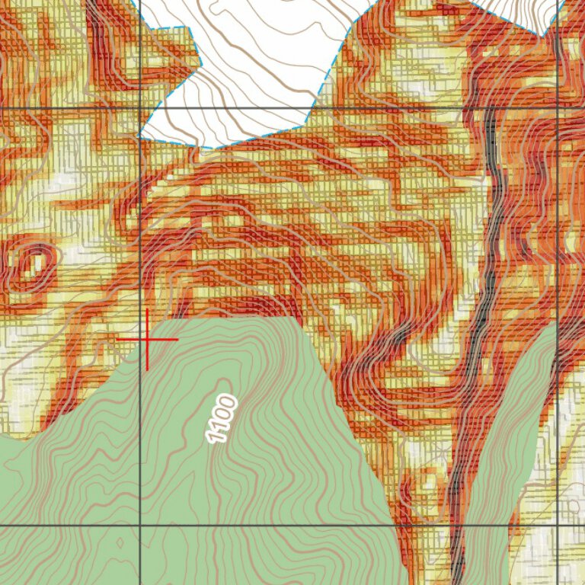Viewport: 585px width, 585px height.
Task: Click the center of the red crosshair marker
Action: click(147, 339)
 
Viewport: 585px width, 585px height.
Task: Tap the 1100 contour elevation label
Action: click(222, 420)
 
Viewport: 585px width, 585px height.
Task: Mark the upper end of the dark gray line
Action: click(490, 113)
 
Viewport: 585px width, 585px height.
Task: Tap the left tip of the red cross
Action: click(117, 339)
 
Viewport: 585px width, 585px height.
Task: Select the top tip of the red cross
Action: click(147, 310)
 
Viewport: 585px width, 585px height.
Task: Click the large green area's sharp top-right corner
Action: click(293, 318)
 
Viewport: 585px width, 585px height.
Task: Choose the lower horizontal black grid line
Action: click(305, 526)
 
